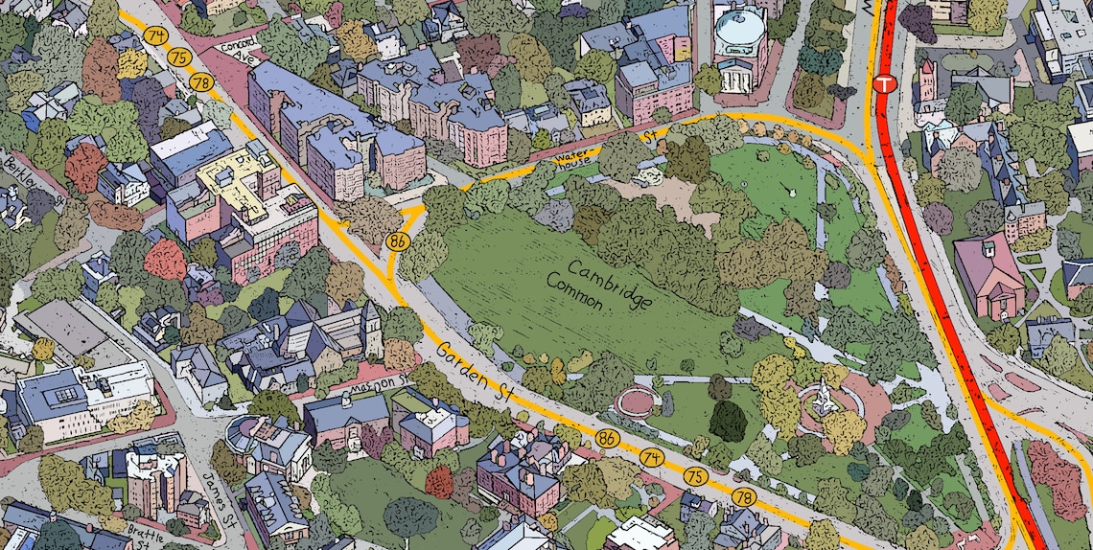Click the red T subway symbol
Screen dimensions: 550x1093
884,84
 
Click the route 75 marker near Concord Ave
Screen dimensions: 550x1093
177,57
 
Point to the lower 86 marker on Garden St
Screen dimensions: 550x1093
606,439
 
